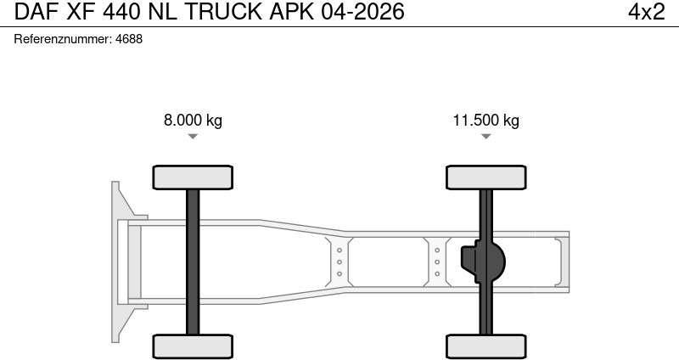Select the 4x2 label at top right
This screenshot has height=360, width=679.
646,12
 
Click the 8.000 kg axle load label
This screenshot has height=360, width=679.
193,120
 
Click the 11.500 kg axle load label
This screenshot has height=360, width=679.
485,120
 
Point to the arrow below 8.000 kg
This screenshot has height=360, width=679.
193,136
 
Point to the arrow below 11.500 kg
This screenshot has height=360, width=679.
485,136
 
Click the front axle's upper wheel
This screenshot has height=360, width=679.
193,177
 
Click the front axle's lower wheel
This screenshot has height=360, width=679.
193,346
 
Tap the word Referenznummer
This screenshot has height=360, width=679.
63,39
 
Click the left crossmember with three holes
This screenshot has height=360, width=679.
339,262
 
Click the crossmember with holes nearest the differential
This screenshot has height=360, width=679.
437,262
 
